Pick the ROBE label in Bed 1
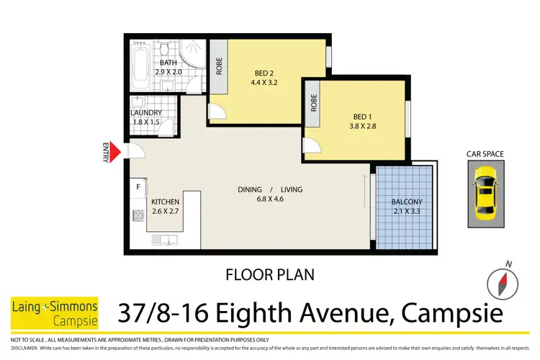coord(313,104)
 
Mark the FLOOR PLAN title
coord(269,274)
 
